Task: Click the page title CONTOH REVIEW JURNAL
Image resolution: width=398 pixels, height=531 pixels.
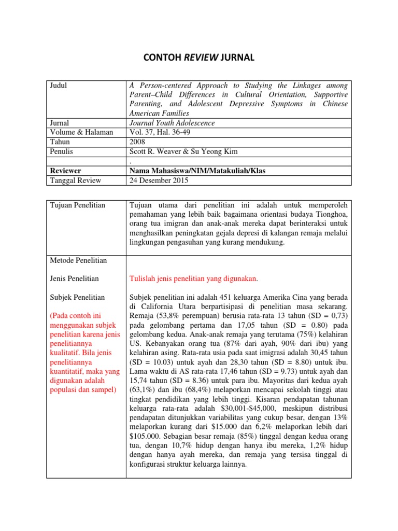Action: (x=199, y=57)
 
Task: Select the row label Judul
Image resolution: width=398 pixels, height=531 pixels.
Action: (x=59, y=86)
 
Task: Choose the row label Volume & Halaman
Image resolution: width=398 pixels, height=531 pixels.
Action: (x=81, y=132)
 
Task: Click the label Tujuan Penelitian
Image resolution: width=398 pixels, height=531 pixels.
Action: (x=77, y=205)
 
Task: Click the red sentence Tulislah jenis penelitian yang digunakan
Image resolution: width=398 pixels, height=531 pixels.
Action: (x=194, y=278)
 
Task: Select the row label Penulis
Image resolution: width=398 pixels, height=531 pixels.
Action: (x=61, y=151)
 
